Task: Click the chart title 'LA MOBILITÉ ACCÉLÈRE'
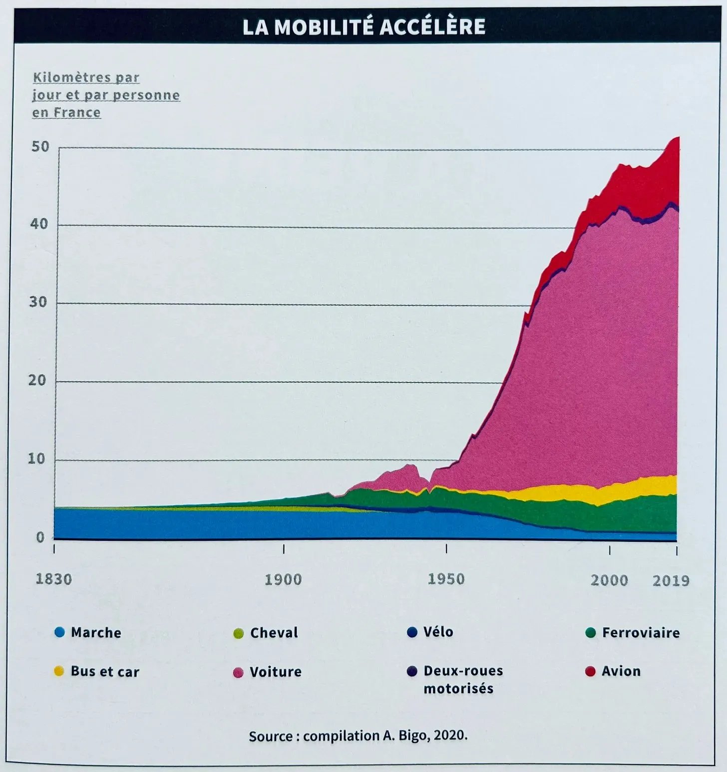coord(363,26)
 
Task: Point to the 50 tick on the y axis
coord(40,146)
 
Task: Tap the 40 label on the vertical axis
coord(39,224)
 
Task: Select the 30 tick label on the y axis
coord(38,302)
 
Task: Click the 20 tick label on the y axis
coord(37,381)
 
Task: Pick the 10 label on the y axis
coord(36,458)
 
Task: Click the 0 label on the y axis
coord(40,537)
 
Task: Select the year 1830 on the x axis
coord(54,579)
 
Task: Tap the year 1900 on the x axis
coord(283,580)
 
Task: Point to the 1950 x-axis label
coord(446,579)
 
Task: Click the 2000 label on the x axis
coord(609,580)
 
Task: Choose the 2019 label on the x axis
coord(671,581)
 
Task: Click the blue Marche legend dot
coord(59,632)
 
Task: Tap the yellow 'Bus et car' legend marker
coord(59,671)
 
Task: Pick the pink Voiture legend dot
coord(238,672)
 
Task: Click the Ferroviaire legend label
coord(641,633)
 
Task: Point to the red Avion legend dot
coord(590,671)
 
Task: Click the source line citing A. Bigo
coord(358,736)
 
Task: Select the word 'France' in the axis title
coord(77,113)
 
